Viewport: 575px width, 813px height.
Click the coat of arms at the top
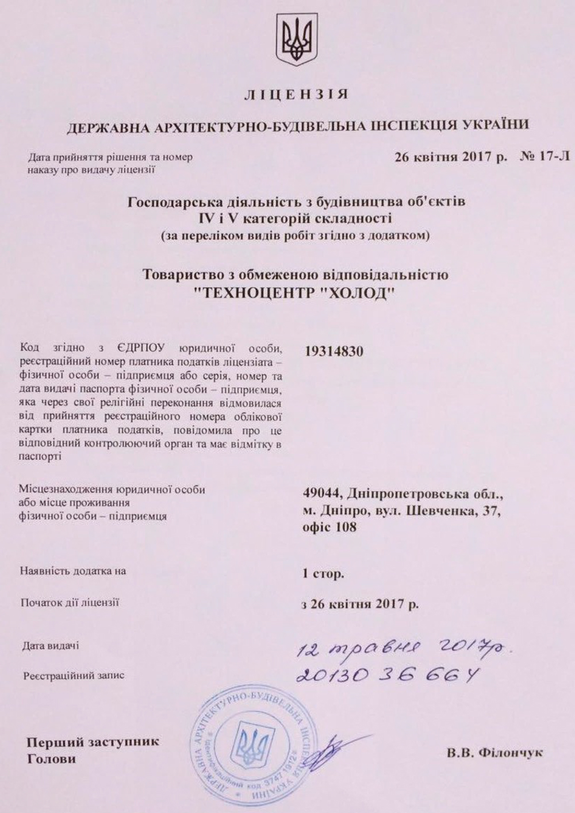coord(297,40)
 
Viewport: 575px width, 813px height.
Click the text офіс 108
coord(329,526)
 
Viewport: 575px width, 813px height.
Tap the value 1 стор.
coord(323,573)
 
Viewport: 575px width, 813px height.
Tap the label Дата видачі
coord(51,646)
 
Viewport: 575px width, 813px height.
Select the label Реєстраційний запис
coord(74,676)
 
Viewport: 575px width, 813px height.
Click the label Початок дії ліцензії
coord(69,603)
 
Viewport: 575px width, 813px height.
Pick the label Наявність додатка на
coord(72,571)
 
